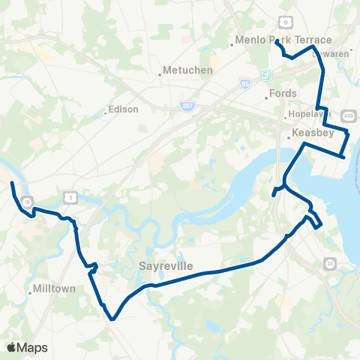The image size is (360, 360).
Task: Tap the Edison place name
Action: (x=124, y=109)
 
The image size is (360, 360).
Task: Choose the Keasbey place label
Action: (x=308, y=133)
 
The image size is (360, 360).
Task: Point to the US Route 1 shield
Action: (x=70, y=196)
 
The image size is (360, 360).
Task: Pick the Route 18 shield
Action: (x=26, y=202)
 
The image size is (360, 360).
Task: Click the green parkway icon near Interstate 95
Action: (x=265, y=76)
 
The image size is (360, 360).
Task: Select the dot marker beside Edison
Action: (x=106, y=115)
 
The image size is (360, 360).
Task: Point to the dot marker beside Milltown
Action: (x=30, y=293)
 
